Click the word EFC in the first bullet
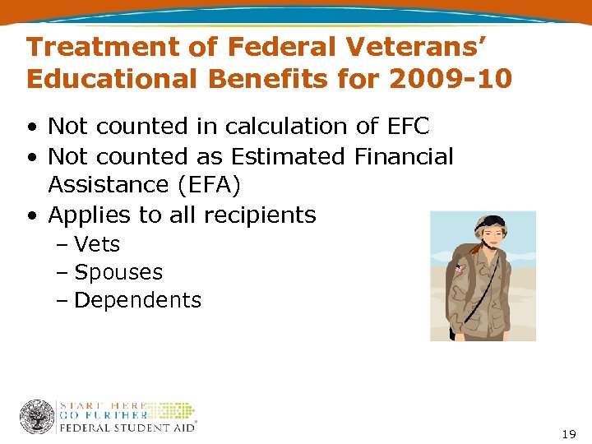point(405,126)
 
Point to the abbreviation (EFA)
point(209,185)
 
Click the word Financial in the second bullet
point(405,156)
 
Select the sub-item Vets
point(96,244)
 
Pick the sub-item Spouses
point(118,272)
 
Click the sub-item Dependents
point(137,300)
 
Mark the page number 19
point(569,432)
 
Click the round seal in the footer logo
point(37,417)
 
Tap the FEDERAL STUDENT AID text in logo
point(127,427)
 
